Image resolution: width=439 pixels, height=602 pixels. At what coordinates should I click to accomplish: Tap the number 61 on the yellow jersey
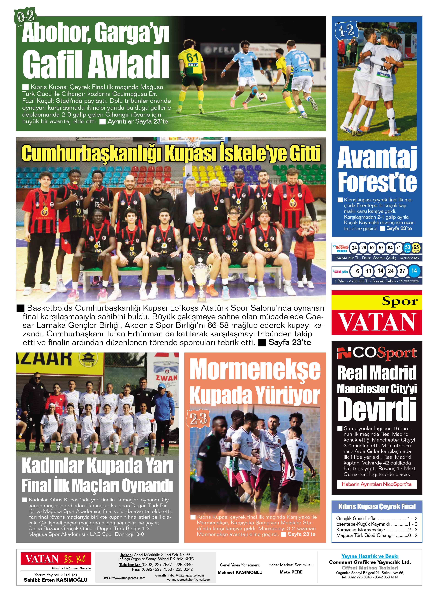coord(192,57)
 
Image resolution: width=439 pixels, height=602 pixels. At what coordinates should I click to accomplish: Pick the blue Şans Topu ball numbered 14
coord(414,271)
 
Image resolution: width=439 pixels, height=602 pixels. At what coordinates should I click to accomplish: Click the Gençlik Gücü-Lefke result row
coord(377,519)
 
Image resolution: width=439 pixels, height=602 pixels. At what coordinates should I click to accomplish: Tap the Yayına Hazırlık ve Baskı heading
coord(370,556)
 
